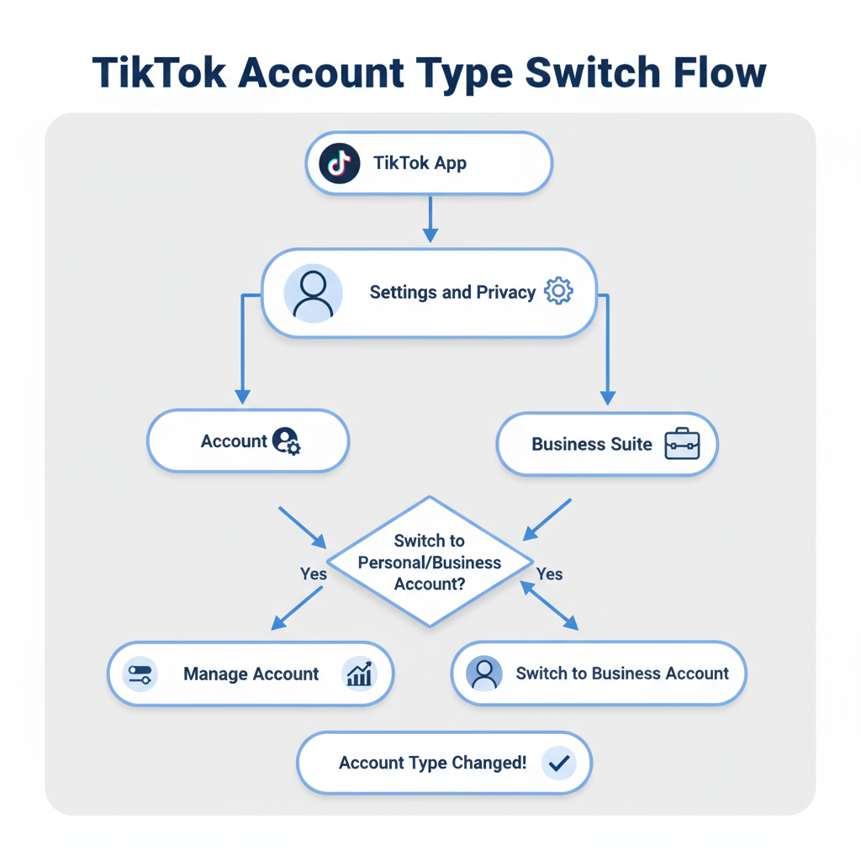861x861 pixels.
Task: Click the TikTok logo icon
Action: (x=339, y=163)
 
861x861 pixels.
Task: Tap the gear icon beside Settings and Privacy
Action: (x=558, y=292)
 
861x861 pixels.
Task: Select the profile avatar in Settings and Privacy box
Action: (x=313, y=293)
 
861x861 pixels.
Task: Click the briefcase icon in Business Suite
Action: (x=682, y=444)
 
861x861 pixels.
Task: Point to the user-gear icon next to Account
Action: (x=286, y=441)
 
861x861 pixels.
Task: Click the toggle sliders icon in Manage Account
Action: (x=140, y=674)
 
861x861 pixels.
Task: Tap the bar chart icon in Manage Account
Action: (x=360, y=674)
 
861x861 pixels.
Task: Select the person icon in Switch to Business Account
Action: (x=483, y=673)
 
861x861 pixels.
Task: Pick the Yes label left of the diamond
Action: (x=314, y=574)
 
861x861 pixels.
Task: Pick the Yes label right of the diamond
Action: (x=549, y=574)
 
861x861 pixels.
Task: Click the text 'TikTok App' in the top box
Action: (x=420, y=163)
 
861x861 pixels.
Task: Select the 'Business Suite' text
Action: (x=592, y=444)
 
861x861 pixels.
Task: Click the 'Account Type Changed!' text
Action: (x=433, y=763)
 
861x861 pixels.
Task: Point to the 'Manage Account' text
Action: (x=251, y=674)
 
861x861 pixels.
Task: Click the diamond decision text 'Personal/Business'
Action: (x=430, y=563)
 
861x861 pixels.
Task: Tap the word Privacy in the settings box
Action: (x=506, y=293)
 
